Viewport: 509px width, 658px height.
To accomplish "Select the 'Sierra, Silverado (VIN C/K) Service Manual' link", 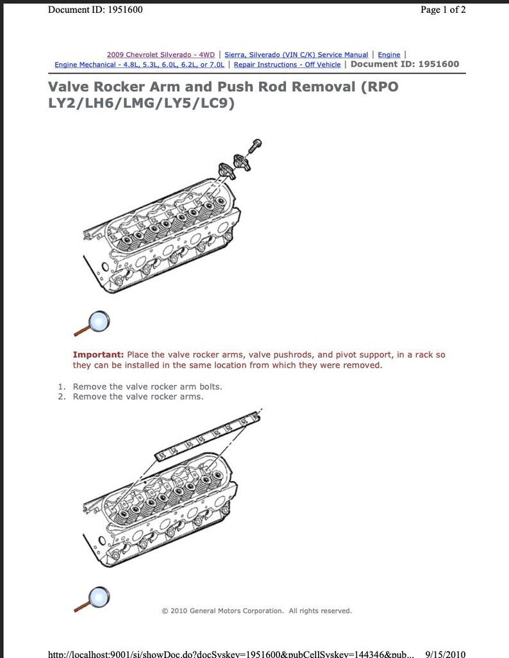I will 296,55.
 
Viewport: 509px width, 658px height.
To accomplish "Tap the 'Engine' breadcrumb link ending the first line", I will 388,55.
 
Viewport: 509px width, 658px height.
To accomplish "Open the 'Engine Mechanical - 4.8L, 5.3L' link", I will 139,65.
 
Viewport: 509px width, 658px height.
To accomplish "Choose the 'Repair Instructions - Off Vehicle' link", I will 287,65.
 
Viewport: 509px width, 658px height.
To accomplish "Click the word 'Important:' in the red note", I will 98,354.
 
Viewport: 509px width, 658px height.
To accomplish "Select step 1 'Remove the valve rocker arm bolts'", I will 147,386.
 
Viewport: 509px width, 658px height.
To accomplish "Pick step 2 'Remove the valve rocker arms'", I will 138,397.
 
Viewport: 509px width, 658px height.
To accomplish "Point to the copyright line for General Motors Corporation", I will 256,611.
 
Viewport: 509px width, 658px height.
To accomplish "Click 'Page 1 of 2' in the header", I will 443,10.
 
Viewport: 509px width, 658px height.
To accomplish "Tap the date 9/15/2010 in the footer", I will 445,654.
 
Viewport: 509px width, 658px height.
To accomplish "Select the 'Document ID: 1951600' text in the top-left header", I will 96,10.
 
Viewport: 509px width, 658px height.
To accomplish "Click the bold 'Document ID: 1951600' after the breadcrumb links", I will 405,64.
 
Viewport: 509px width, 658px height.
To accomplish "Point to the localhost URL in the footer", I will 231,654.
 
